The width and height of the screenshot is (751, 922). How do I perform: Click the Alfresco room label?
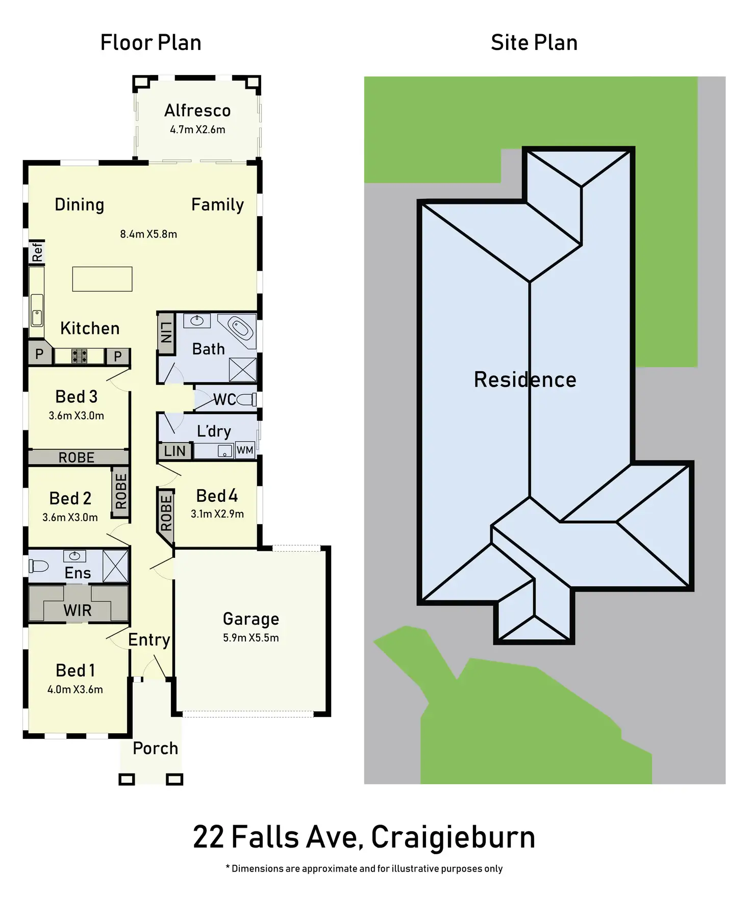tap(197, 111)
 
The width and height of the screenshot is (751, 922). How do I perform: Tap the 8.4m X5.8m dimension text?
tap(148, 234)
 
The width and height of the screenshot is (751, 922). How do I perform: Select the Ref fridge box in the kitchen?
tap(37, 252)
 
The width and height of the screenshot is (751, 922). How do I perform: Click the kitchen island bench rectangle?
tap(102, 279)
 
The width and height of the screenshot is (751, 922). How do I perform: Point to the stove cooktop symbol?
tap(79, 356)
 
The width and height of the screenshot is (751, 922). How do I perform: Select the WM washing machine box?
tap(245, 450)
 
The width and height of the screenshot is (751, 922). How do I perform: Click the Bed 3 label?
tap(76, 396)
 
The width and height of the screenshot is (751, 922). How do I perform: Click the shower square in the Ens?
tap(115, 566)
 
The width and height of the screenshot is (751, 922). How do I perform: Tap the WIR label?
tap(78, 610)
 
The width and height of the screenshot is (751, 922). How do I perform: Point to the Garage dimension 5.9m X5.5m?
tap(251, 637)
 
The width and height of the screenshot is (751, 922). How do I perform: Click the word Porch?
tap(155, 748)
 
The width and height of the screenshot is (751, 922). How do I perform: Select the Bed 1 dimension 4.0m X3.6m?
tap(75, 689)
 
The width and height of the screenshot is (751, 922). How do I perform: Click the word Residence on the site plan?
tap(525, 379)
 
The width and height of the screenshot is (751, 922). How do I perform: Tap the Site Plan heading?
tap(534, 42)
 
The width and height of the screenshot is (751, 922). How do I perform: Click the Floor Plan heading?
tap(151, 42)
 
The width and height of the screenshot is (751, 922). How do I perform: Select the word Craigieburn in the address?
tap(453, 837)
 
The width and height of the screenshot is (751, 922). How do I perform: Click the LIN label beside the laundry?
tap(174, 451)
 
